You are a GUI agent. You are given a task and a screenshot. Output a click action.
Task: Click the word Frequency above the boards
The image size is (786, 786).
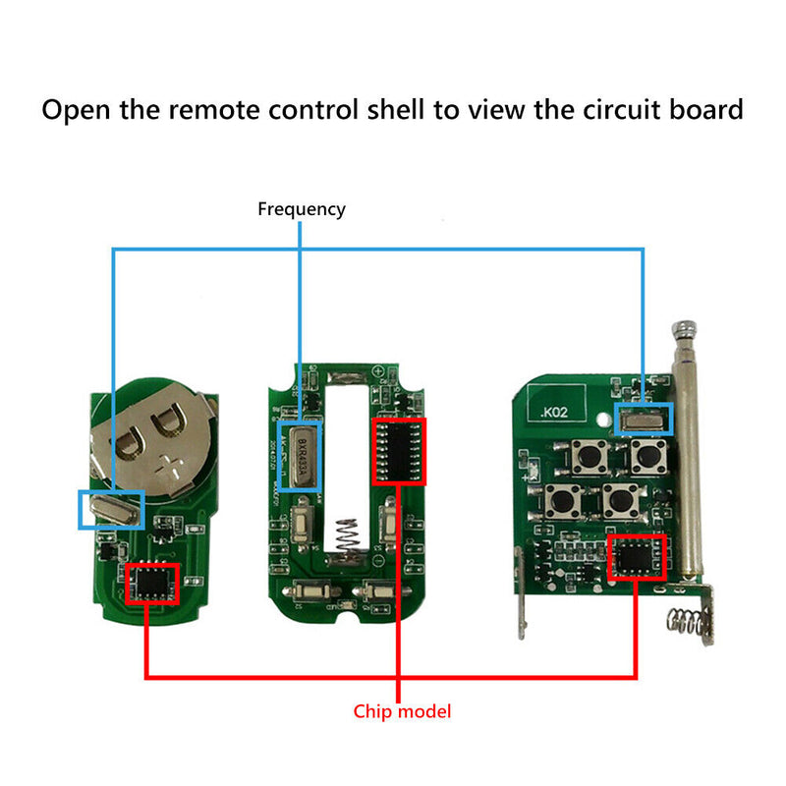coord(302,209)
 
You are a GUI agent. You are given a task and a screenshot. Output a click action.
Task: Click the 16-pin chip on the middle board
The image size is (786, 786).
coord(399,451)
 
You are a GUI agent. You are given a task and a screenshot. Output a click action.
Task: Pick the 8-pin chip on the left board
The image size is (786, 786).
coord(153,583)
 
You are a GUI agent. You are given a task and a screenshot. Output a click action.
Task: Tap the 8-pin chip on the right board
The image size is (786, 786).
coord(636,557)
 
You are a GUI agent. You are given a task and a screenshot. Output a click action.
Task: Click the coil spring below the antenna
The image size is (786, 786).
coord(685,626)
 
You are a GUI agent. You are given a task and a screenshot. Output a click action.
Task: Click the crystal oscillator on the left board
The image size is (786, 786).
coord(111,509)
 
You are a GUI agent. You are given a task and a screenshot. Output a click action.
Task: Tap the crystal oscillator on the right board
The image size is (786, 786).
coord(643,420)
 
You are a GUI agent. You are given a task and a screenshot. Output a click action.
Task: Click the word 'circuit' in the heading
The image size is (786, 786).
coord(596,110)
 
